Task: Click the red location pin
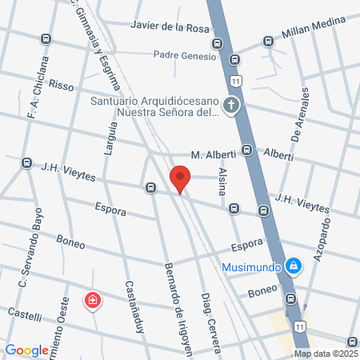click(181, 178)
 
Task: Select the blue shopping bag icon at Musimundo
click(294, 265)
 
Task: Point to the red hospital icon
click(93, 301)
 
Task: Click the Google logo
click(26, 350)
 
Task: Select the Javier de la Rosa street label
click(173, 29)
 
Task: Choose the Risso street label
click(61, 83)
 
